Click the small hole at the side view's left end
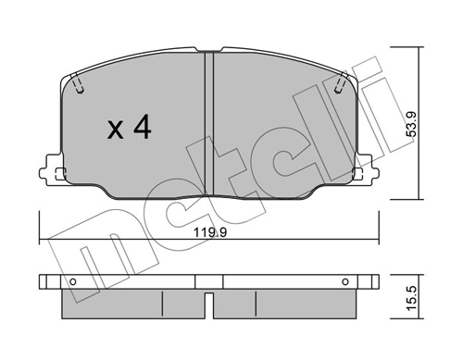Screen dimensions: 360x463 pos(72,280)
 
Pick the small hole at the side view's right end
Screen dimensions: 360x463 pos(344,280)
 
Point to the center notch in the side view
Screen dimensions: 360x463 pos(209,300)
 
